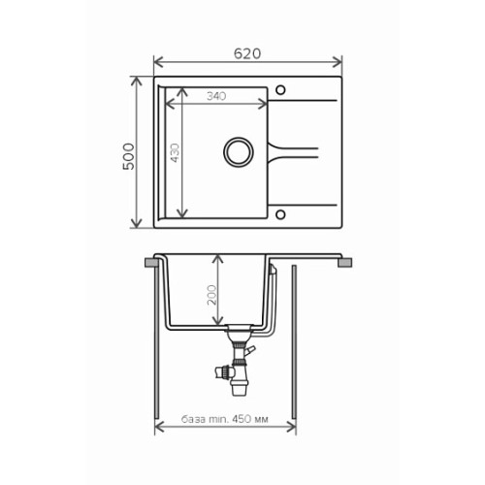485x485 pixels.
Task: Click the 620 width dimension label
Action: pos(247,53)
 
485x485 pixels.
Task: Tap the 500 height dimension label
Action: pos(129,156)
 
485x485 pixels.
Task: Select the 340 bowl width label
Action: pos(216,96)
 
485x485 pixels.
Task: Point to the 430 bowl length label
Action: pos(175,152)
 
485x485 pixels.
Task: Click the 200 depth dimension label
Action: pos(211,295)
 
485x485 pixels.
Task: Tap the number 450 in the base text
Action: pos(242,419)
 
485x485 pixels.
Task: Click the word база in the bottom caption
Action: pos(193,419)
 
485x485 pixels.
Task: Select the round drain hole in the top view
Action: pos(239,152)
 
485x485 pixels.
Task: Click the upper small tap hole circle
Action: pos(280,90)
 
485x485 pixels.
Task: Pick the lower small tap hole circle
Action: pos(280,214)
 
